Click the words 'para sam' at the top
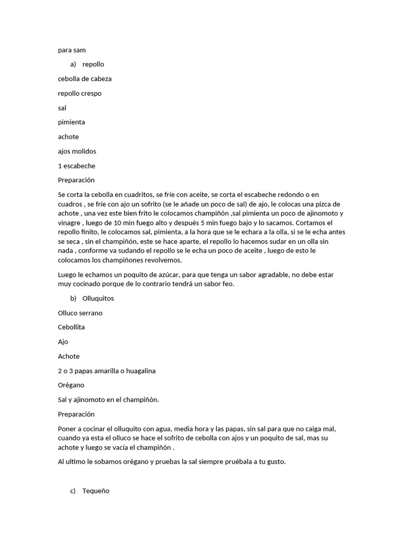click(72, 50)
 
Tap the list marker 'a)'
click(73, 64)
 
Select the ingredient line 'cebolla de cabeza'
click(85, 79)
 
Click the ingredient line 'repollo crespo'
click(80, 93)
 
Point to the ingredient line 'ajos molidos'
click(77, 151)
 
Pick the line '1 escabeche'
click(77, 166)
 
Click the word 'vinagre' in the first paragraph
click(69, 223)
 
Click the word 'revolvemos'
click(165, 260)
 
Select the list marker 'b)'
click(73, 299)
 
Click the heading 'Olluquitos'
click(98, 299)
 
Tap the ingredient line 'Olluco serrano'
click(80, 313)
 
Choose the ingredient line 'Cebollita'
click(71, 327)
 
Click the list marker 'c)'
click(73, 491)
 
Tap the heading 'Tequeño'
click(96, 491)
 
